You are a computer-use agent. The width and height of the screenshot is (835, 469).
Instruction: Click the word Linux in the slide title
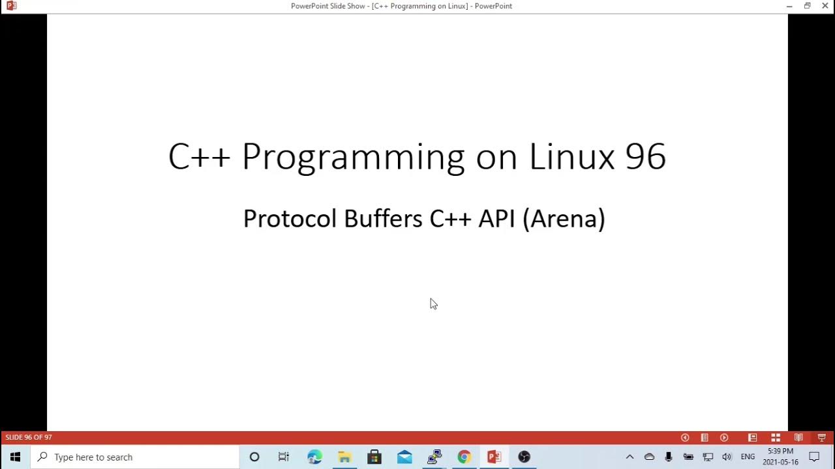(x=571, y=157)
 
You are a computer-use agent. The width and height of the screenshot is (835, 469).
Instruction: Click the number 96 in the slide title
(x=645, y=157)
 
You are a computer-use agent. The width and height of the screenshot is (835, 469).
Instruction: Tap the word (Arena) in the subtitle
(x=564, y=218)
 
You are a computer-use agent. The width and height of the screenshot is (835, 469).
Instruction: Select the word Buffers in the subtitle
(x=383, y=218)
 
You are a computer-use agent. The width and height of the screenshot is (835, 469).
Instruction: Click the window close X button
(x=825, y=6)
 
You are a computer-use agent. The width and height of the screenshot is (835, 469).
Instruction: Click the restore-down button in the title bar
(x=807, y=6)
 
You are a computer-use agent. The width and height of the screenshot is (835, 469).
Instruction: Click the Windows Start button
(x=15, y=457)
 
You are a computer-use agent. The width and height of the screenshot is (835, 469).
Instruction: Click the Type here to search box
(x=137, y=457)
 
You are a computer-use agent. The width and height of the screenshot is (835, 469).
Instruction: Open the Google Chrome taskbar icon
(x=464, y=457)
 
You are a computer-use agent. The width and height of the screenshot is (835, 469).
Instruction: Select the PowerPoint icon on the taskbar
(x=494, y=457)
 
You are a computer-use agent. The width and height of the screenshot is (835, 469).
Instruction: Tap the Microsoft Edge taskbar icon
(x=314, y=457)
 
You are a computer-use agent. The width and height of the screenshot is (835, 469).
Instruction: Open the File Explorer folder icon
(x=344, y=457)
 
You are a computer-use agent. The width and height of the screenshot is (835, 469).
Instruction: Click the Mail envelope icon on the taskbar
(x=404, y=457)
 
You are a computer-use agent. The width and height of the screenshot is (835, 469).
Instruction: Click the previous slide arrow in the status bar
(x=685, y=438)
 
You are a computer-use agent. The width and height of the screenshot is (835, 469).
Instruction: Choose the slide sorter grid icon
(x=776, y=438)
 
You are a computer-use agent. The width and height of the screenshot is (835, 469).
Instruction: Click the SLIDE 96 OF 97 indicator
(x=29, y=438)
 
